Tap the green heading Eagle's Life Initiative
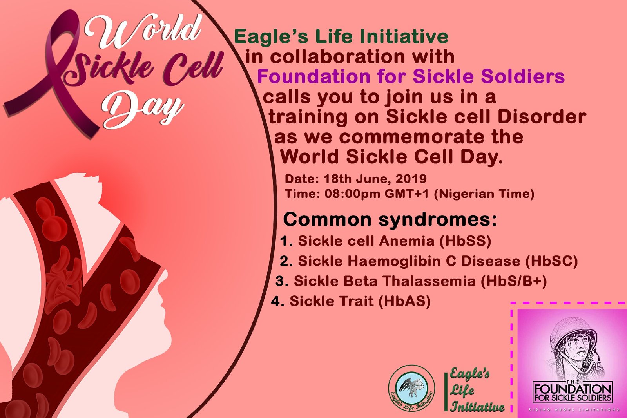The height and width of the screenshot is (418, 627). (341, 37)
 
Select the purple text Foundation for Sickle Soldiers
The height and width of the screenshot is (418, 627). (411, 76)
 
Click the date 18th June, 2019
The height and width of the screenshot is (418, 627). (375, 179)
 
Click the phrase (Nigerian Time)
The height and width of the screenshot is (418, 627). (484, 194)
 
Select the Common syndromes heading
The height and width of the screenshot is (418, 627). (390, 220)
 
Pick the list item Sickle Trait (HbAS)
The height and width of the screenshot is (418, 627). (351, 301)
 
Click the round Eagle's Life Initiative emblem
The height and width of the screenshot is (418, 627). (411, 388)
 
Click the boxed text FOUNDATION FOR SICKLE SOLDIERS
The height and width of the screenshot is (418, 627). (573, 392)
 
